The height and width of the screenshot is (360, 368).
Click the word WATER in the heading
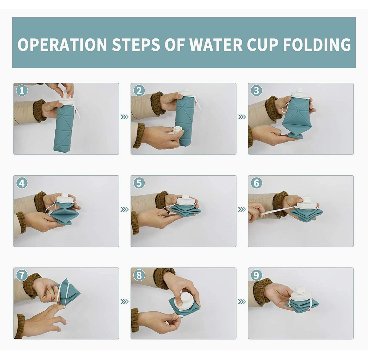coord(216,44)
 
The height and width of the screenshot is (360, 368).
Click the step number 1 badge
coord(22,91)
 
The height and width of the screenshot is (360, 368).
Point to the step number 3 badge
coord(256,91)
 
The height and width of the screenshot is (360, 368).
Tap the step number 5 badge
coord(139,183)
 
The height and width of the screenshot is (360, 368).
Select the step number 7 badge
coord(22,276)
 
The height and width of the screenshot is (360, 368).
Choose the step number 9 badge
coord(256,276)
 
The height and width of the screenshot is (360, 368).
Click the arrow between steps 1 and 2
coord(125,117)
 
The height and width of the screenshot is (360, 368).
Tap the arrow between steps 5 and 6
coord(242,210)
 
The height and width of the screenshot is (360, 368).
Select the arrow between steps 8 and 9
coord(242,302)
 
